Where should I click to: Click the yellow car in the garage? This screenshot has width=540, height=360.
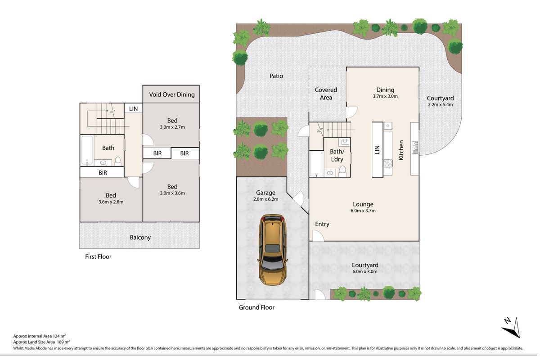point(273,250)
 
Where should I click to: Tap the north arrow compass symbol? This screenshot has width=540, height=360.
point(512,328)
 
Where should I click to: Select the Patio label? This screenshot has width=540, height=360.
point(276,76)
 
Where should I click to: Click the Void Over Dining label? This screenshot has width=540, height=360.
point(172,94)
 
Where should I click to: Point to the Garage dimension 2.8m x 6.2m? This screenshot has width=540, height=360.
point(265,199)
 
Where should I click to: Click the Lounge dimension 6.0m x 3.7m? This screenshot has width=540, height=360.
point(363,211)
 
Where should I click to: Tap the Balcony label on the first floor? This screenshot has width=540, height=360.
point(140,238)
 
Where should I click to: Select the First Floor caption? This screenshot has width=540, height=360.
point(98,256)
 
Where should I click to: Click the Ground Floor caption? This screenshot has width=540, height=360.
point(256,307)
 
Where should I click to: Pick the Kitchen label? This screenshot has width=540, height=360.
point(401,150)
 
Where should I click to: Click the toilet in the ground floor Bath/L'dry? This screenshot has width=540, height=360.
point(342,171)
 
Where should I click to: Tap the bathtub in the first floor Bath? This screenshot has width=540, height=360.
point(87,150)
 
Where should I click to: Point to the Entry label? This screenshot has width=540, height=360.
point(322,224)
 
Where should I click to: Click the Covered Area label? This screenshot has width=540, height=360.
point(326,94)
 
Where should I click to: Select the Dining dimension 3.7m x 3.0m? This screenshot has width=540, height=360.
point(385,96)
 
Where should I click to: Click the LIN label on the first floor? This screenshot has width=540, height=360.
point(133,109)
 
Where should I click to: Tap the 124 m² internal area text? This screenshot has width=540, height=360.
point(59,336)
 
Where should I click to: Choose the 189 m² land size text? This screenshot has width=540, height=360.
point(63,342)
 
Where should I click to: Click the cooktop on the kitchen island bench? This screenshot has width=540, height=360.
point(388,163)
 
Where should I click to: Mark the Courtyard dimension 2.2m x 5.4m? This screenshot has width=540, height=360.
point(441,105)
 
